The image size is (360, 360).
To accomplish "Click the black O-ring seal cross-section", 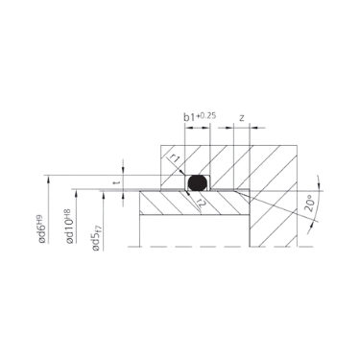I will (197, 180).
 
